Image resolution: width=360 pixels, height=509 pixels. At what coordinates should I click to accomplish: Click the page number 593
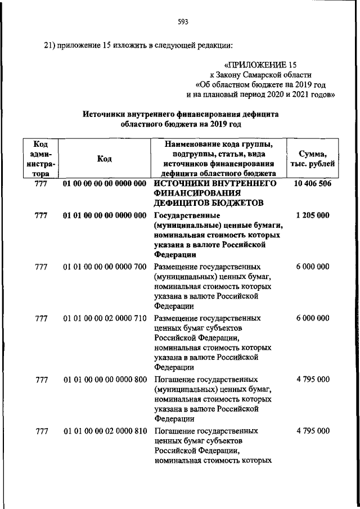coord(182,22)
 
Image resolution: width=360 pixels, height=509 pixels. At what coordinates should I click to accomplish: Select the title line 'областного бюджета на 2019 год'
coord(181,123)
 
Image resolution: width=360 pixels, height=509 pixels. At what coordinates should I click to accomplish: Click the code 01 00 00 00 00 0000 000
coord(105,184)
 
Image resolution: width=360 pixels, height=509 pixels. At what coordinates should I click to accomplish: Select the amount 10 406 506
coord(312,184)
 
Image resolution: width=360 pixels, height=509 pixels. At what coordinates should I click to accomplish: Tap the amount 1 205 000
coord(312,216)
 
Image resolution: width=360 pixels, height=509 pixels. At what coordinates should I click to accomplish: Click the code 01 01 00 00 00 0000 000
coord(105,216)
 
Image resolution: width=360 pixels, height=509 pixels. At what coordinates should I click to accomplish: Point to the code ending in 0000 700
coord(105,267)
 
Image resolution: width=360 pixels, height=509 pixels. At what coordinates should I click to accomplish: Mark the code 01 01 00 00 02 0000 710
coord(105,318)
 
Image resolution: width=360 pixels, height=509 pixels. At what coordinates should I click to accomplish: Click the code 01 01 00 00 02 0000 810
coord(105,431)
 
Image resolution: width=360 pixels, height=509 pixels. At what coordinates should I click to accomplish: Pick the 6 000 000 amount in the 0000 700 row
coord(312,267)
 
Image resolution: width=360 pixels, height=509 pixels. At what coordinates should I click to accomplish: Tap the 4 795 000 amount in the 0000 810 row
coord(312,431)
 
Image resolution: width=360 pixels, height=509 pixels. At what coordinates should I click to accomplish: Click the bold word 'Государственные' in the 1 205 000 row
coord(187,216)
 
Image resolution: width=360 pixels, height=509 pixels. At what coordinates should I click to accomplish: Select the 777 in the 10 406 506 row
coord(40,184)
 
